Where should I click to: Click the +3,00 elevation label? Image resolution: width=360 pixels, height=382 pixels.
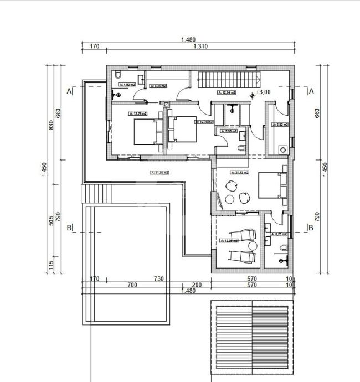click(263, 92)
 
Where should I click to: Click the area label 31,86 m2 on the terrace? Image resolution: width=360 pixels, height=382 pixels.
click(160, 172)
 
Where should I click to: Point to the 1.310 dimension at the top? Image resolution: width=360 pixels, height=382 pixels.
click(200, 47)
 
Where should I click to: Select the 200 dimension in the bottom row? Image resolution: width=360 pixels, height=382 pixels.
click(197, 285)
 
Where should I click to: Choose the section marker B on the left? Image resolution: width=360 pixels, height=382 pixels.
click(69, 228)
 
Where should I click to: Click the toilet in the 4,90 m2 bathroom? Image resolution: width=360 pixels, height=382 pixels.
click(118, 76)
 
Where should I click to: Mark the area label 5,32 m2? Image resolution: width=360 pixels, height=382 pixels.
click(280, 125)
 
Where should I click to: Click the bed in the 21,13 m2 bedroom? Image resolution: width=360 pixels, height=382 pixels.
click(272, 185)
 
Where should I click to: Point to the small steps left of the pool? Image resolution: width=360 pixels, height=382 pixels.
click(90, 194)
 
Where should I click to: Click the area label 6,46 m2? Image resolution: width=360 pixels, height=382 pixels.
click(158, 86)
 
